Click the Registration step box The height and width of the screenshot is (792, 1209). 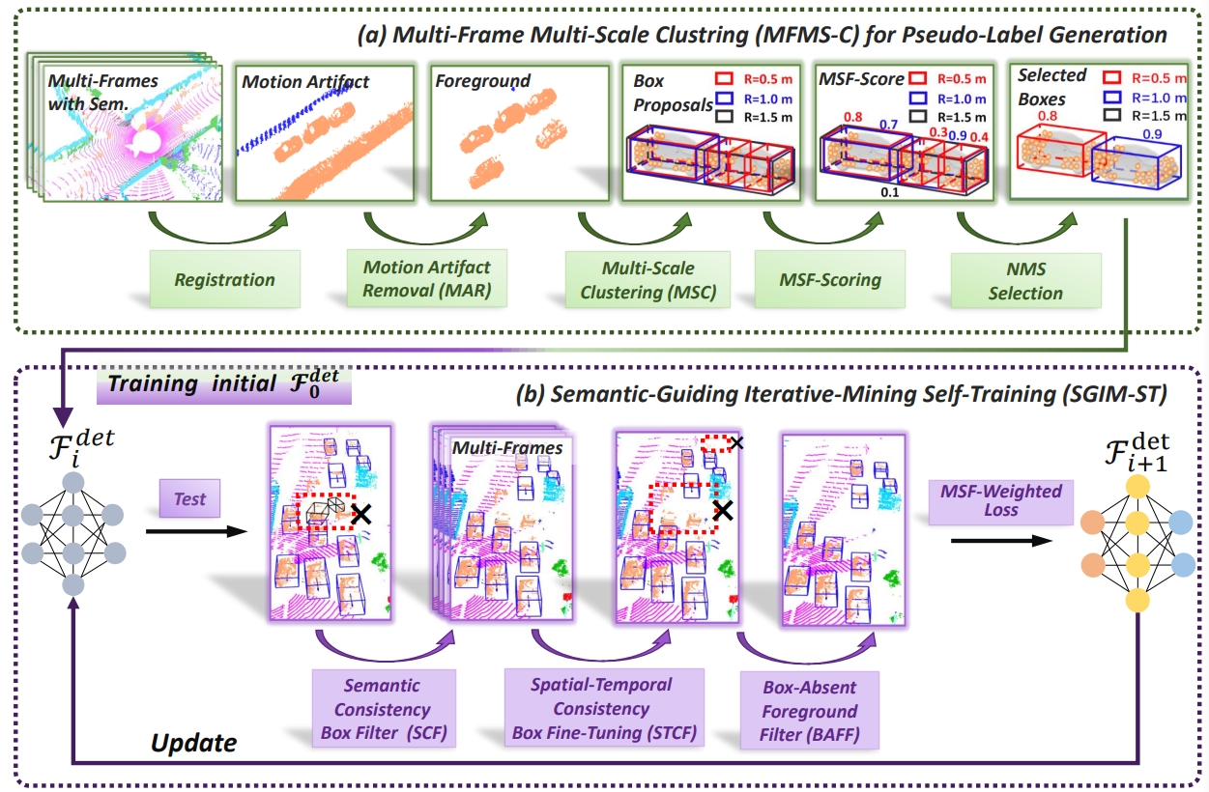click(x=225, y=279)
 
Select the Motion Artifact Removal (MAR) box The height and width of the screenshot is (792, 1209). click(x=426, y=278)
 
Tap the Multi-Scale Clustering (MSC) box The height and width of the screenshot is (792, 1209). click(x=648, y=279)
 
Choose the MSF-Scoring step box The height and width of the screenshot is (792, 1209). click(x=830, y=279)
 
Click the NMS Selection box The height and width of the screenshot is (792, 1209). click(x=1025, y=280)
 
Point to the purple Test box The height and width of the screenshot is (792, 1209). click(x=190, y=498)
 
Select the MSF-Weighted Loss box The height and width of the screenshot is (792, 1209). click(x=1000, y=501)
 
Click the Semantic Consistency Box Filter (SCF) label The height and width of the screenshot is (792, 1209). click(x=384, y=708)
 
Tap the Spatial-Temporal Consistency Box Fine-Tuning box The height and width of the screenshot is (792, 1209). click(x=604, y=708)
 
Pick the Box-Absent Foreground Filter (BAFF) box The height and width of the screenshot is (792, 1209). click(x=810, y=711)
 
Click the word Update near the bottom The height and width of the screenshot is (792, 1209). click(x=193, y=743)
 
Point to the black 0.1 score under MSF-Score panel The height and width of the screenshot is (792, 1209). click(x=889, y=192)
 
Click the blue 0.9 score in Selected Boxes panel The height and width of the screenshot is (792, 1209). click(x=1152, y=134)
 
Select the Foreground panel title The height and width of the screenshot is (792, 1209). click(x=482, y=81)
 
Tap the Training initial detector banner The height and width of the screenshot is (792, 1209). click(x=224, y=384)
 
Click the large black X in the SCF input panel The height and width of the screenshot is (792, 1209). click(x=360, y=514)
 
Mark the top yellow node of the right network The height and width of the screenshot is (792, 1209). click(x=1137, y=486)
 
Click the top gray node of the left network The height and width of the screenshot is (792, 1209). click(x=73, y=482)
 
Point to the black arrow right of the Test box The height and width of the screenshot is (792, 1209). click(x=196, y=532)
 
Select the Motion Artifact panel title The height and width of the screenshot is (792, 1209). click(x=305, y=81)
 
